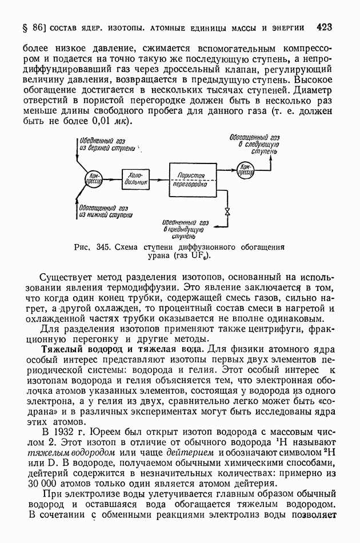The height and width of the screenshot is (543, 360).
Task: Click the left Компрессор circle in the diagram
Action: point(94,178)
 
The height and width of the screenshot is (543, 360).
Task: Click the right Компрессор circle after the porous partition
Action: point(247,169)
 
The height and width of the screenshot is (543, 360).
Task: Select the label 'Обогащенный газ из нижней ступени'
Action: point(106,211)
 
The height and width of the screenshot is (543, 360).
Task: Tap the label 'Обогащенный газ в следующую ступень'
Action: point(254,145)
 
